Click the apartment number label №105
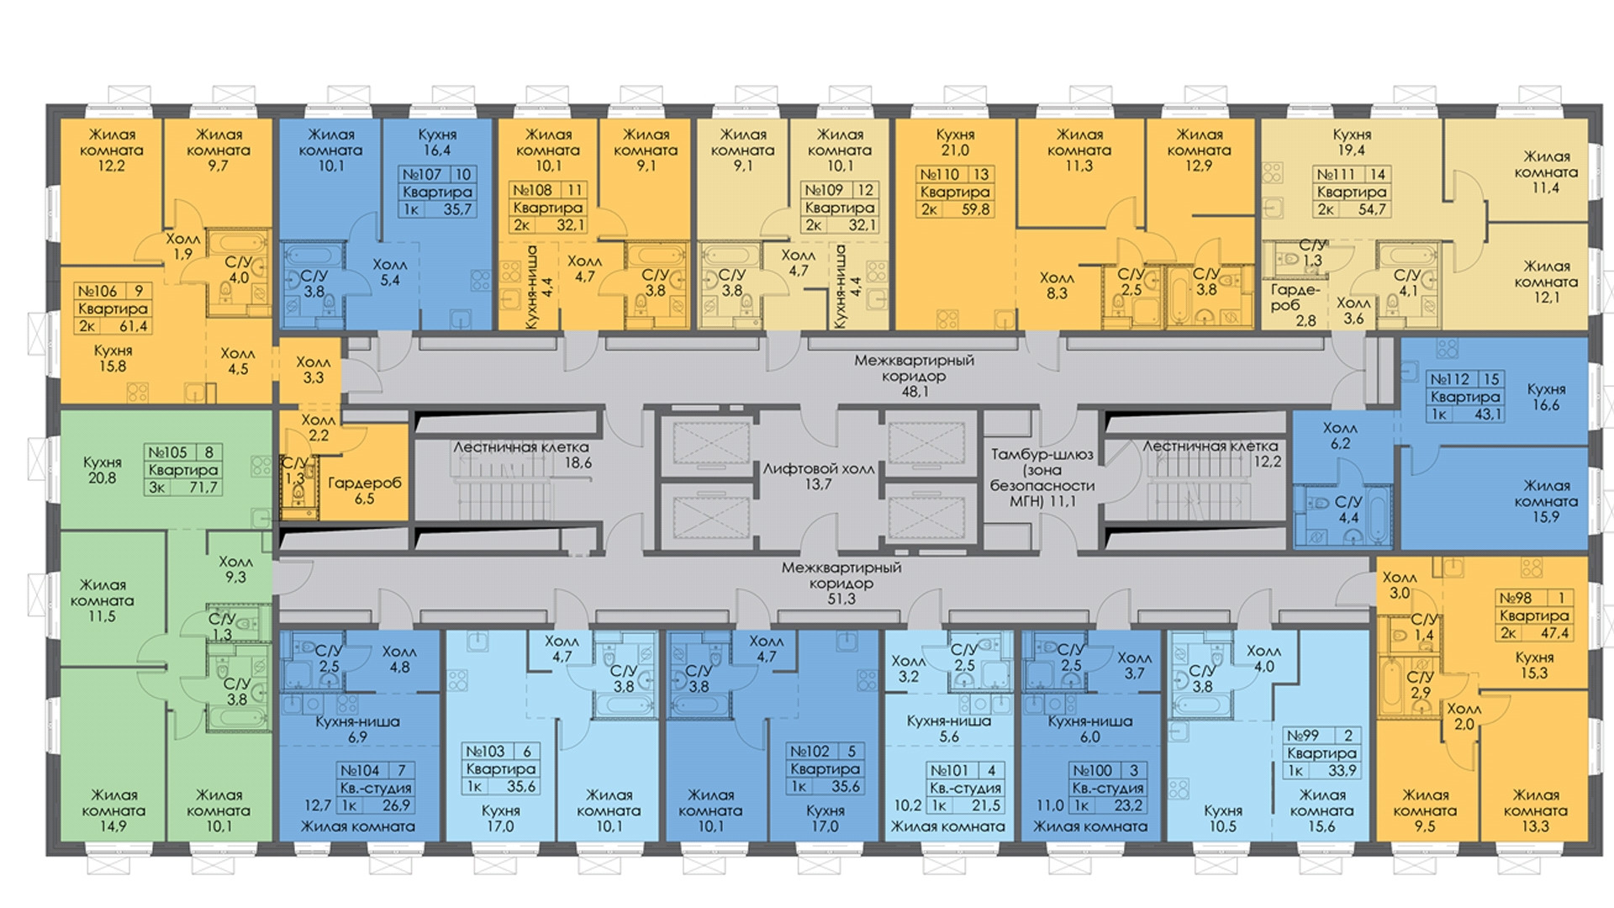tap(166, 452)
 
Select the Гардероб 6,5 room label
tap(364, 490)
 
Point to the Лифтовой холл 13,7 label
tap(818, 476)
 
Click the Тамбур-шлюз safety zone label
tap(1042, 477)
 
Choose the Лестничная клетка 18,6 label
tap(521, 454)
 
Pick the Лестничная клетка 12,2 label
tap(1210, 453)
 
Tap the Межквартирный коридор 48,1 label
tap(914, 375)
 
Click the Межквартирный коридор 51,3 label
tap(841, 583)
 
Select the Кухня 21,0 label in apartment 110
tap(955, 142)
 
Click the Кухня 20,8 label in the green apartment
tap(103, 470)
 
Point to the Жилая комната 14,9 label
tap(113, 810)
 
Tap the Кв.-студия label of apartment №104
tap(376, 788)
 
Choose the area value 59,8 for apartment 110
tap(975, 209)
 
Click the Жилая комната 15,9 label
tap(1546, 501)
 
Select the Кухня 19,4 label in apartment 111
tap(1352, 142)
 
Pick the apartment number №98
tap(1516, 598)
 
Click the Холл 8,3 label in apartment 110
tap(1057, 285)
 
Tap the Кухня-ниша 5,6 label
tap(949, 728)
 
